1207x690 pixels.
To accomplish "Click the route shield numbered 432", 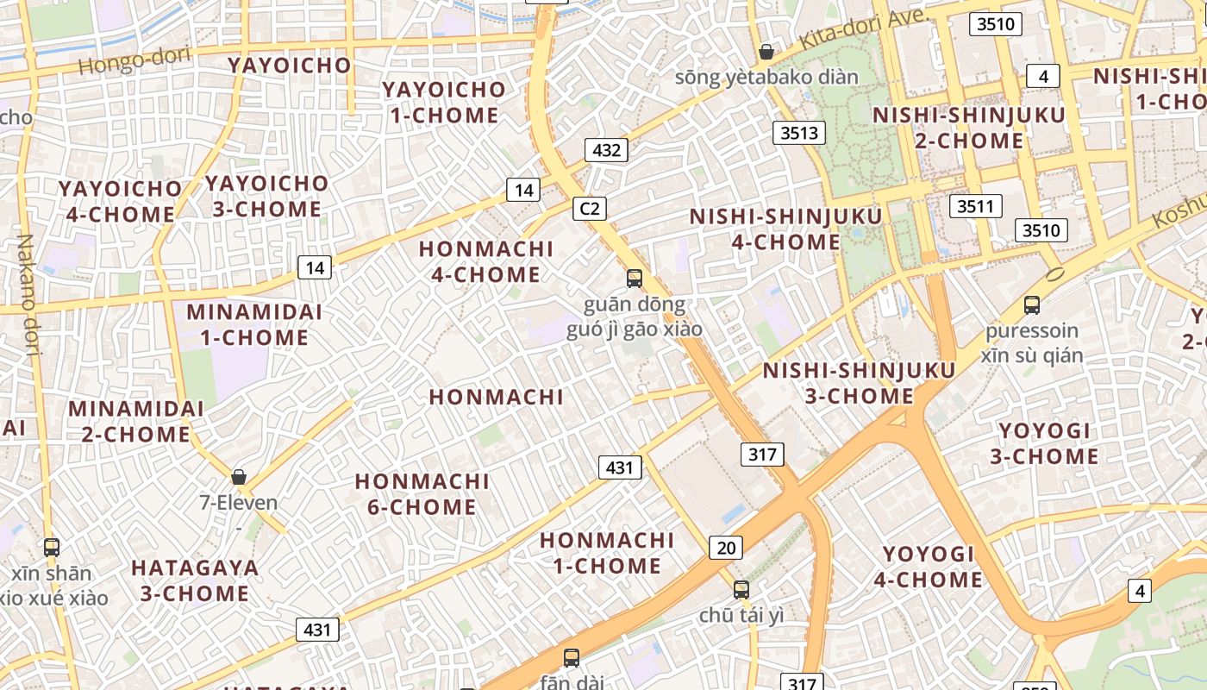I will point(607,150).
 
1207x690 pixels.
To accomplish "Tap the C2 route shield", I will point(590,208).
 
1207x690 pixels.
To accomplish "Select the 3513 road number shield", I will point(798,132).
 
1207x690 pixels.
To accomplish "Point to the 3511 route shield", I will point(976,206).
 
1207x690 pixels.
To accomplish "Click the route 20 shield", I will point(726,547).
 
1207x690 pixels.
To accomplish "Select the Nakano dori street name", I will point(28,294).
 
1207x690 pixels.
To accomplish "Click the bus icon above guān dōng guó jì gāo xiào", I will point(635,278).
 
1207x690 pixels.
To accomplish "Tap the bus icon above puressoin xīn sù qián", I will point(1032,304).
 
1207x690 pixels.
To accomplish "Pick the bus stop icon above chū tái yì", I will point(741,590).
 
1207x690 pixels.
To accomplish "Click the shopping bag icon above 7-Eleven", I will point(239,477).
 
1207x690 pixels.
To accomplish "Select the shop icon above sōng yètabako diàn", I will point(766,53).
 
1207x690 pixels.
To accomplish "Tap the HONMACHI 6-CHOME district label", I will point(422,493).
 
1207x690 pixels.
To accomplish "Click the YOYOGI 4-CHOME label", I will point(929,566).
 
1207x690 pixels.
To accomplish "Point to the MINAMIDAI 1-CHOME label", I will point(254,324).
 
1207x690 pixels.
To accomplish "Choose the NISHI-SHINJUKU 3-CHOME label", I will point(860,383).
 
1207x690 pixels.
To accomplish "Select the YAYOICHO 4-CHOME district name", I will point(120,201).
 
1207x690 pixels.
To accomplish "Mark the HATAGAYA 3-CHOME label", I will point(195,580).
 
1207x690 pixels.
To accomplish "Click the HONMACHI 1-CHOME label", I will point(607,553).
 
